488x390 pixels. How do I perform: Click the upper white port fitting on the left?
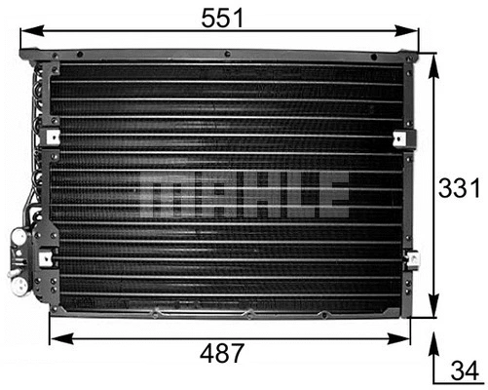point(18,235)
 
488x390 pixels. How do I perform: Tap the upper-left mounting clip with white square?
point(53,137)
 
